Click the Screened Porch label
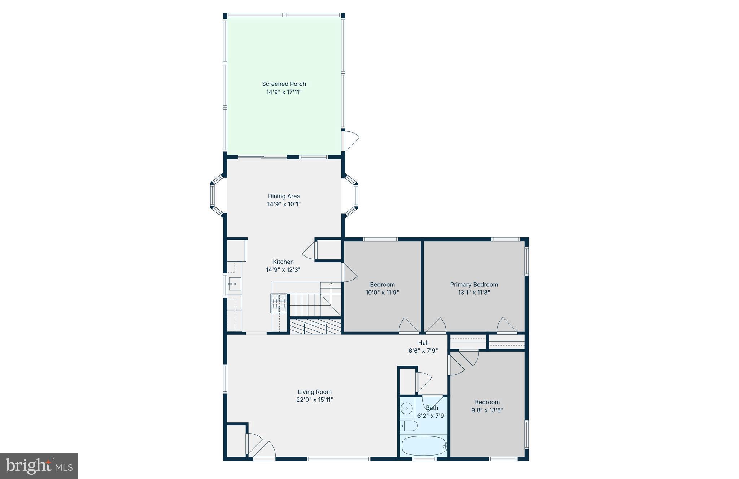(284, 84)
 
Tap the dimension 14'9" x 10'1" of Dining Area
(284, 204)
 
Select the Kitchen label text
(283, 262)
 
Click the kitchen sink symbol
(235, 284)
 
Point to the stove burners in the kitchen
(279, 303)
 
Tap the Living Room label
(314, 392)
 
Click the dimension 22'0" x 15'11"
(314, 400)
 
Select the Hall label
(423, 343)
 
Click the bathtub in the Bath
(424, 446)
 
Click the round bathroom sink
(407, 409)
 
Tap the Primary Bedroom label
(474, 285)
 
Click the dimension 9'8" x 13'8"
(487, 410)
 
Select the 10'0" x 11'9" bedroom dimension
(382, 293)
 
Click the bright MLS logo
(39, 466)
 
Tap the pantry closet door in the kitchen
(310, 250)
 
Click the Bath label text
(432, 408)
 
